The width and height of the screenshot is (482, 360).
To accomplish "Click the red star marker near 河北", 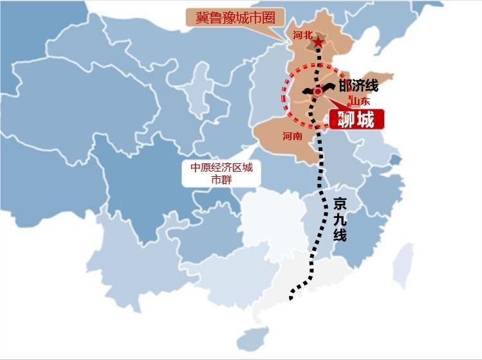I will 318,42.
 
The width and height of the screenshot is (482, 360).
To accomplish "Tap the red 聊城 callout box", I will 357,120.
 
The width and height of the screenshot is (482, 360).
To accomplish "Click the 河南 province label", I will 292,136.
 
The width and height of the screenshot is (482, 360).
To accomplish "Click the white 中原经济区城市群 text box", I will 221,174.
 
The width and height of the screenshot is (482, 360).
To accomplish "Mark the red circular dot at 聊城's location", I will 318,92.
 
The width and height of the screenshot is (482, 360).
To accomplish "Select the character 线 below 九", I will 340,235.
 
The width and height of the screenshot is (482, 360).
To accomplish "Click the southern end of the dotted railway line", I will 292,298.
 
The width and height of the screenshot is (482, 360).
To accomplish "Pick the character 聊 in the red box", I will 346,120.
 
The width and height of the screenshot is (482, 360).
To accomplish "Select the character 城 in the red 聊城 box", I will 367,120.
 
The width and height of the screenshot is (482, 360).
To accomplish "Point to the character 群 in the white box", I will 227,180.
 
